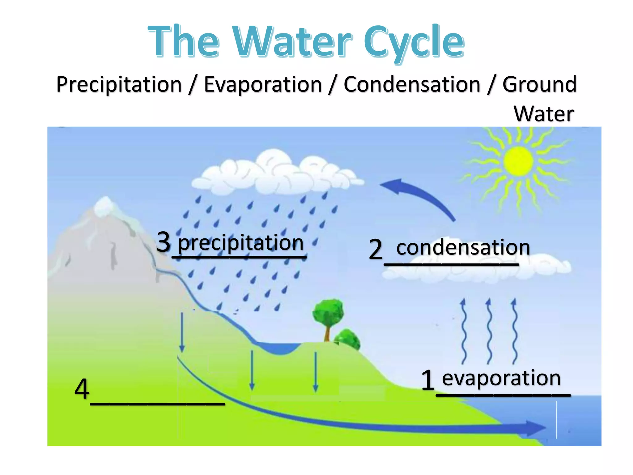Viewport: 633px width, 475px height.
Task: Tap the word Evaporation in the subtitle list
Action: (x=263, y=84)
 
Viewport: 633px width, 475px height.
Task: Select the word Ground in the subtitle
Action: (x=539, y=84)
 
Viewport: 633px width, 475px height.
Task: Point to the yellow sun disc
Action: (x=518, y=161)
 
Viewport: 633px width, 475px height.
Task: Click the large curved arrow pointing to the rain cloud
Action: (x=420, y=195)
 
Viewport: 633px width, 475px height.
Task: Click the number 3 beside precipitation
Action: (x=164, y=242)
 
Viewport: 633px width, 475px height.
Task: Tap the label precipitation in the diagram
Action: (x=241, y=243)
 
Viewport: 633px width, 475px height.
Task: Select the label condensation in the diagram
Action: (x=463, y=248)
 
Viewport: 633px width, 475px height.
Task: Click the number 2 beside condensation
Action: (x=376, y=249)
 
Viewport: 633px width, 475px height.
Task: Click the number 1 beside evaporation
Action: (x=428, y=380)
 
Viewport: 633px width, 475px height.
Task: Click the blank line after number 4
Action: (x=157, y=403)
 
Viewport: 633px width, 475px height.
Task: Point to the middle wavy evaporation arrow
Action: (x=489, y=331)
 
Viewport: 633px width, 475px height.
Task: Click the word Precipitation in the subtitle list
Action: (x=119, y=84)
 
